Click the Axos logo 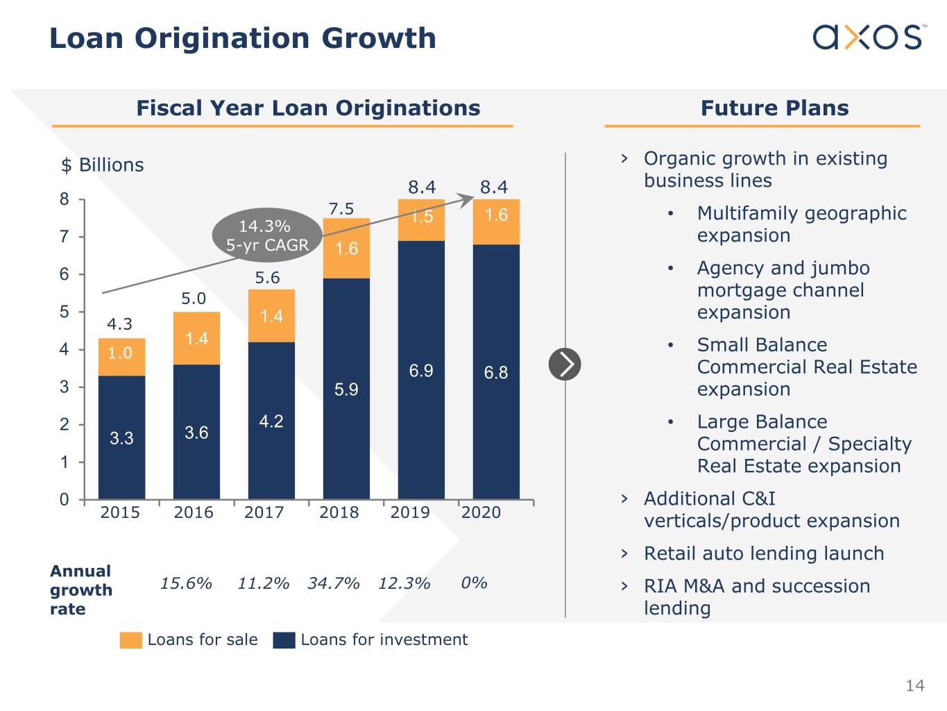(x=868, y=37)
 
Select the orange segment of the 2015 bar (x=121, y=357)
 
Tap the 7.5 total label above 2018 (x=341, y=208)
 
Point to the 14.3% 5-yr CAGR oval (x=267, y=235)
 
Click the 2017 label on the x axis (x=264, y=512)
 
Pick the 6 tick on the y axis (x=65, y=274)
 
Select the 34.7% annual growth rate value (x=334, y=583)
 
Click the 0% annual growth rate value (x=474, y=583)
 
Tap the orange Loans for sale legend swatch (x=130, y=639)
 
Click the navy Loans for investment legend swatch (x=284, y=639)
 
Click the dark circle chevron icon (x=565, y=364)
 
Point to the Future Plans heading (x=774, y=108)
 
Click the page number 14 (x=914, y=686)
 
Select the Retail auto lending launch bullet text (x=764, y=553)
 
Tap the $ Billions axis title (x=103, y=165)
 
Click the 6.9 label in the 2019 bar (x=421, y=371)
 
